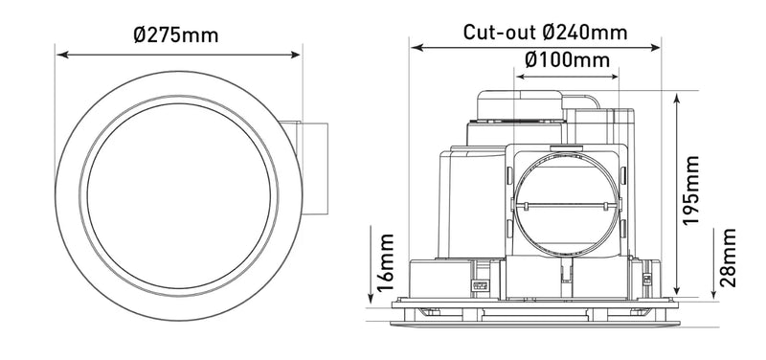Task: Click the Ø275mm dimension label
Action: coord(176,35)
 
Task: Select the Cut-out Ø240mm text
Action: coord(546,32)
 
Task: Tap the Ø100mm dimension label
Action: coord(568,59)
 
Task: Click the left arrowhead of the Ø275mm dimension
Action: coord(59,55)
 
